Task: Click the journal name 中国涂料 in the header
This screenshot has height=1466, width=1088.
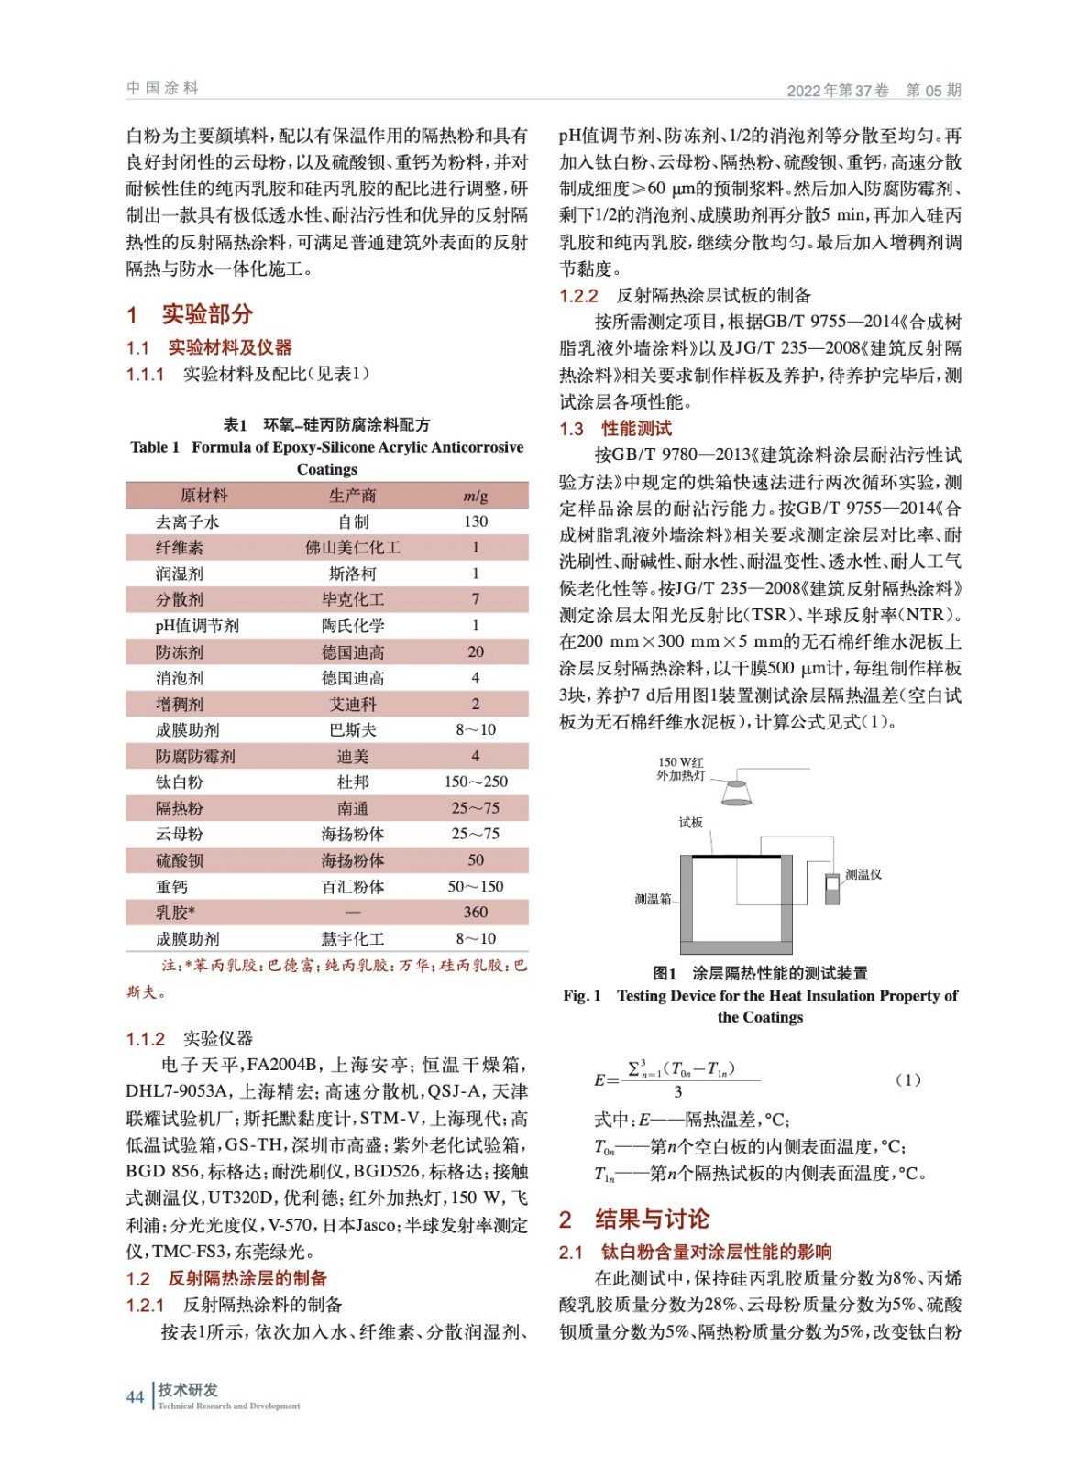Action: point(162,88)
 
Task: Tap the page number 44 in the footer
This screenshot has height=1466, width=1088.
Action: point(135,1396)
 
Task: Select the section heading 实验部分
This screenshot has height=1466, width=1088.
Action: point(207,314)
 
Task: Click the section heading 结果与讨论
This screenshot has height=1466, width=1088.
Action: point(652,1219)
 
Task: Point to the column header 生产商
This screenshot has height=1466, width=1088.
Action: point(352,496)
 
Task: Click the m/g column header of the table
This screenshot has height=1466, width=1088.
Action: point(475,496)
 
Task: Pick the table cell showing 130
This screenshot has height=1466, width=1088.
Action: point(475,521)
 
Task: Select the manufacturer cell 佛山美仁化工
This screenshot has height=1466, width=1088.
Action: point(352,548)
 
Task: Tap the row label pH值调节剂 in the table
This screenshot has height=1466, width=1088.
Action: point(196,626)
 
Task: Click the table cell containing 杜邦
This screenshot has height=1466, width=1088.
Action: point(352,782)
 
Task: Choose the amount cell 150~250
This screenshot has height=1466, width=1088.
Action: point(475,782)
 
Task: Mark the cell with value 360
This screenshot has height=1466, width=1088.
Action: point(475,913)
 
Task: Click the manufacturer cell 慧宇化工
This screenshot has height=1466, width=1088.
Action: point(352,939)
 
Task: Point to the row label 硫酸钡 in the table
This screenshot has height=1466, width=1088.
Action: point(180,860)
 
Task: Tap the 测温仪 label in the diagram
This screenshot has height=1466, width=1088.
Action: point(863,874)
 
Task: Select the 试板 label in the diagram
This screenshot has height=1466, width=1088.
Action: point(690,822)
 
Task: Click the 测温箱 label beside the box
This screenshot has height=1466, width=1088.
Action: point(653,899)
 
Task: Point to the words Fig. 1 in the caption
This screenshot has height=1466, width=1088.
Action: point(582,996)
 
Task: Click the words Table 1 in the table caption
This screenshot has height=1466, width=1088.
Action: point(155,447)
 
